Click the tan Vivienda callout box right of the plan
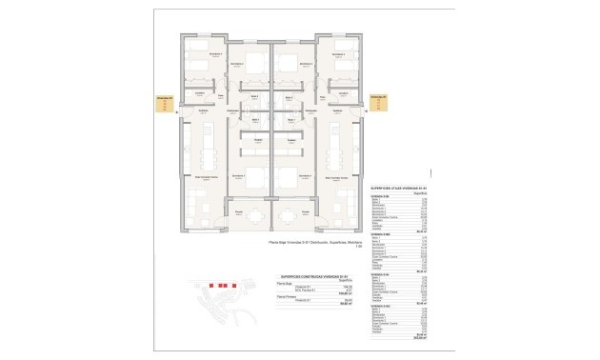[x=377, y=104]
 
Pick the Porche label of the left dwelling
[x=240, y=210]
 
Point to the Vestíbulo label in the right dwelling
[x=311, y=110]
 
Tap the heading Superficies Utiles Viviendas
[x=397, y=190]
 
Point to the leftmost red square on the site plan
[x=211, y=286]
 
